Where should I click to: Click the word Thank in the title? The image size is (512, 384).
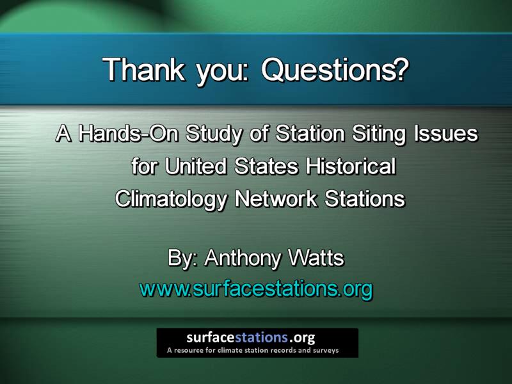coord(143,69)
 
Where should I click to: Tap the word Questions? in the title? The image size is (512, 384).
coord(335,70)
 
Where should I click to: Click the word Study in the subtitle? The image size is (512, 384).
coord(214,134)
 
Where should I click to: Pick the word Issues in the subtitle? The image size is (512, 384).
coord(446,133)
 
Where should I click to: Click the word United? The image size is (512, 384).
coord(195,166)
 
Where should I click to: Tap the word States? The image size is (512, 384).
coord(266,166)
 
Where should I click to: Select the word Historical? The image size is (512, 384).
coord(351,166)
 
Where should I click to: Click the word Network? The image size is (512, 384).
coord(276,198)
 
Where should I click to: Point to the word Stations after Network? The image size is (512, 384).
coord(365,198)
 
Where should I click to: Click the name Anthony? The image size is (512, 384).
coord(243,259)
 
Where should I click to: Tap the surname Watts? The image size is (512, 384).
coord(316,258)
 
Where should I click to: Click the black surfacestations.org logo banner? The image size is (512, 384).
coord(257,343)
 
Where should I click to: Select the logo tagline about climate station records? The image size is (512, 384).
coord(253,350)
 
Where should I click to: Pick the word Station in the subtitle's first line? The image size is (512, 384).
coord(310,133)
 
